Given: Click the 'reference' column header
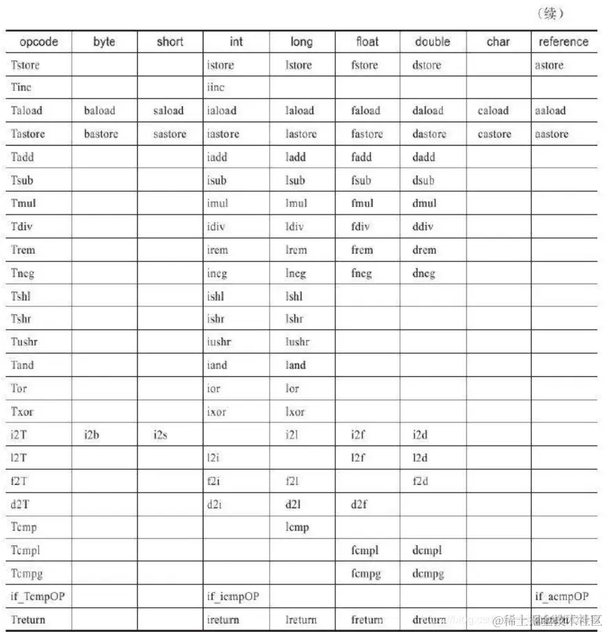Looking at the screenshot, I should [x=564, y=42].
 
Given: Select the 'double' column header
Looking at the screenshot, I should [x=432, y=42].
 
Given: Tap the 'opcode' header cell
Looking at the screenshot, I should [x=39, y=42].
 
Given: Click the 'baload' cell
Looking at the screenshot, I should [x=100, y=110].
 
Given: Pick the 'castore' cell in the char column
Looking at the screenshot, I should [x=494, y=134].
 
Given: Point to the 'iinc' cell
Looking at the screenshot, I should [x=216, y=88].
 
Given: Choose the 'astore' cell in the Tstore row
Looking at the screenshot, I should [x=549, y=66].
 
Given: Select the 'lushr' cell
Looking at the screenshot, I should [x=297, y=342].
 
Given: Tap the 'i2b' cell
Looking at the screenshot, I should [x=92, y=435].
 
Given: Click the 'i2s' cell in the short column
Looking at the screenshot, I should [x=159, y=435].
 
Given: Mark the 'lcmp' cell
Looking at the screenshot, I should [x=297, y=528].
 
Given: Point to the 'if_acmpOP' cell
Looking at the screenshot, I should [x=561, y=596].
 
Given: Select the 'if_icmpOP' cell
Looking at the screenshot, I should [x=233, y=596].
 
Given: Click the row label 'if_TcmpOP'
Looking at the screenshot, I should [x=38, y=596].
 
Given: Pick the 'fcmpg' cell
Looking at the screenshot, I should [x=366, y=573].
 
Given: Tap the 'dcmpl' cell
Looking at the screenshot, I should [x=427, y=551].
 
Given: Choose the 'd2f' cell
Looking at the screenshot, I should [x=359, y=505].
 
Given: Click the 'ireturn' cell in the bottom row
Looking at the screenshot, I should [x=223, y=620].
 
